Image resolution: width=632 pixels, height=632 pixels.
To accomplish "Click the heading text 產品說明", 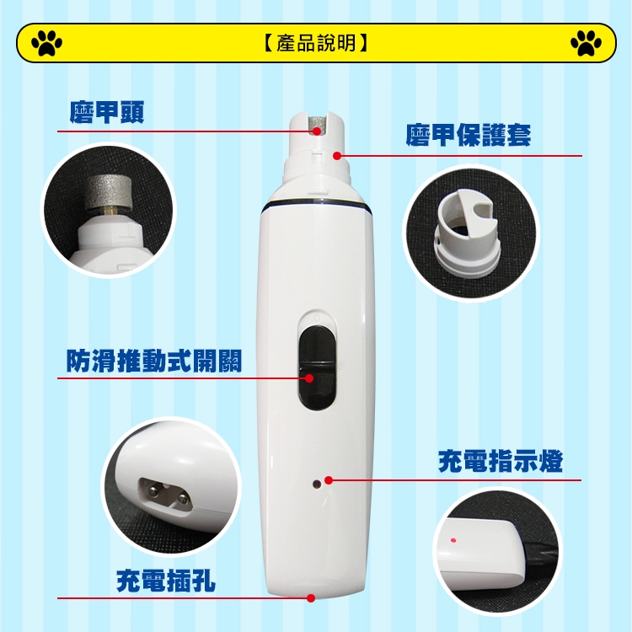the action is tap(316, 43).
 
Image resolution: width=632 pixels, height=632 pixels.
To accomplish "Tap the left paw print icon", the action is tap(46, 43).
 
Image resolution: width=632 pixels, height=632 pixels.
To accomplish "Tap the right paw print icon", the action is tap(586, 43).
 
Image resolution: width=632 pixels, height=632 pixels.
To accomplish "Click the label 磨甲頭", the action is tap(107, 111).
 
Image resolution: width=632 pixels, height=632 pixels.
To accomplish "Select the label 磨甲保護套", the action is tap(469, 135).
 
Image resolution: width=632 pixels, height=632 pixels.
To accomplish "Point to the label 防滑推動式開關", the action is tap(154, 361).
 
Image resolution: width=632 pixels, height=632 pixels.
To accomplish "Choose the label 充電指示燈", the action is tap(501, 462).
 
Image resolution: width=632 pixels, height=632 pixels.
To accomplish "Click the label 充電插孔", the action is tap(166, 581).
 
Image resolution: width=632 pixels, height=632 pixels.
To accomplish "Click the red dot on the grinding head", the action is tap(317, 131).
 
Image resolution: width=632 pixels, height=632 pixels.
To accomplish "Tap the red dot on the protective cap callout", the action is tap(337, 156).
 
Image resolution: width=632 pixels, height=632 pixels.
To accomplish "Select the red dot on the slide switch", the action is tap(309, 378).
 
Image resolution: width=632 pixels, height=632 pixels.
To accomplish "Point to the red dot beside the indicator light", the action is tap(329, 480).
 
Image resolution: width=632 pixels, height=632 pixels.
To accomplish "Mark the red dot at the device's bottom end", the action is tap(311, 598).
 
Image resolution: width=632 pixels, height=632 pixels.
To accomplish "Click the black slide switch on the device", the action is tap(317, 367).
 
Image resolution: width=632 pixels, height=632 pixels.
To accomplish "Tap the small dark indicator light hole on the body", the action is tap(317, 484).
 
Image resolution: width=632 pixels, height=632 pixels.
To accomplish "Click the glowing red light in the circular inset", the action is tap(453, 540).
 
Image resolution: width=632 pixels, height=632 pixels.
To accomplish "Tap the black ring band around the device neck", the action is tap(316, 204).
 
